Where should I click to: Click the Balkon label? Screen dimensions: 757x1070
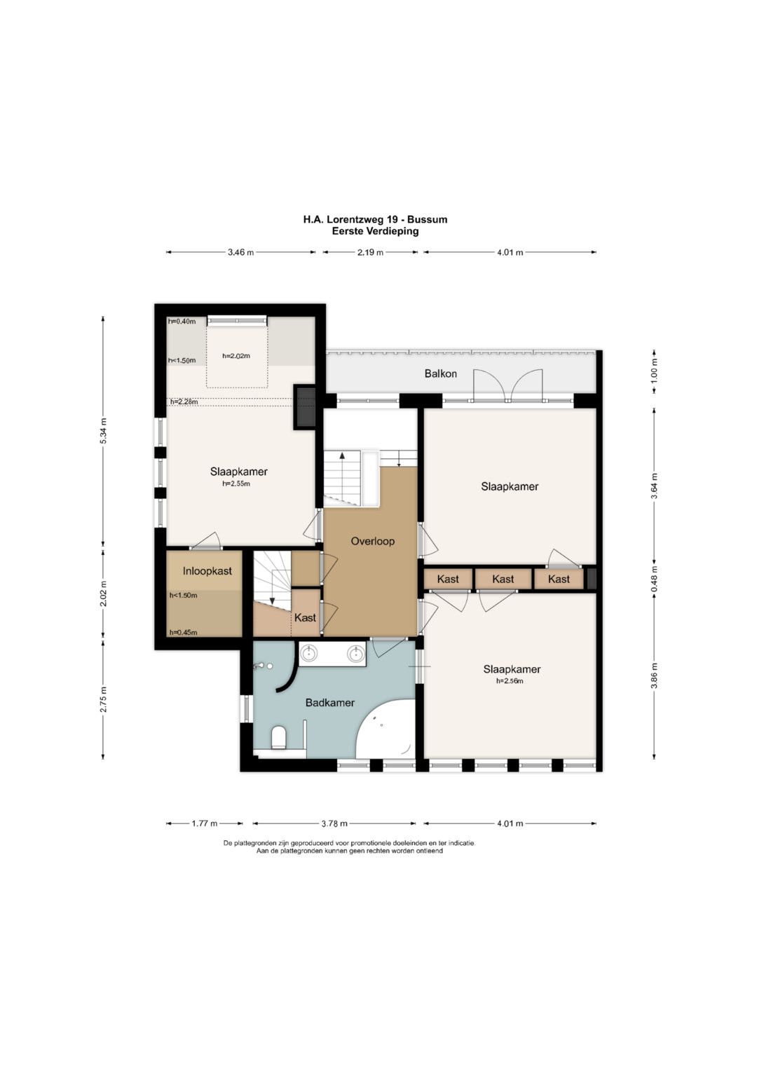tap(440, 373)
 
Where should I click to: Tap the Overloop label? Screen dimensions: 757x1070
tap(372, 541)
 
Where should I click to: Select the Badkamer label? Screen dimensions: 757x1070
tap(329, 703)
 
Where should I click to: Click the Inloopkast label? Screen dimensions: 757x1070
tap(207, 571)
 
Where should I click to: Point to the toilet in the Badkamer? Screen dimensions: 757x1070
tap(278, 738)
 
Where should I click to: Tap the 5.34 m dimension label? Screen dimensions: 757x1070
tap(103, 430)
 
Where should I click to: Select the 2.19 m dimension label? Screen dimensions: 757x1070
tap(370, 252)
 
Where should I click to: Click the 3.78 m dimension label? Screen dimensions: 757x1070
tap(334, 823)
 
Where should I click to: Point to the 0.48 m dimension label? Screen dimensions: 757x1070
tap(654, 578)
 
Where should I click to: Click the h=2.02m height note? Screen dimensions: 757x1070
tap(236, 355)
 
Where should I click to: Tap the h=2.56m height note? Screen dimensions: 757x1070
tap(510, 680)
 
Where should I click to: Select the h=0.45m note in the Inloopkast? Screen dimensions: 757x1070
tap(183, 633)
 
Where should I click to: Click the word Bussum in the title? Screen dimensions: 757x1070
tap(428, 220)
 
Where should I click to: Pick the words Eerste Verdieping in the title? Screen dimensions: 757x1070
tap(375, 231)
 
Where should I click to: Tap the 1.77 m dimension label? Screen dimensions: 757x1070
tap(205, 823)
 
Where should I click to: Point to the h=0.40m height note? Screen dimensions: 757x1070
tap(182, 322)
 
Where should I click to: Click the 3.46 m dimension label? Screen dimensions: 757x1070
tap(240, 252)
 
